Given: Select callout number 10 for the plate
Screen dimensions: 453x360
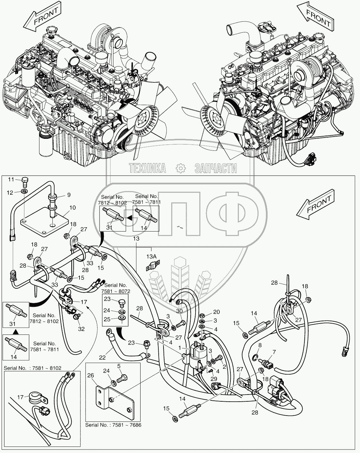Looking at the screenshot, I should (73, 208).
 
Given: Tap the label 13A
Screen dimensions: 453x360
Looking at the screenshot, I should (152, 256).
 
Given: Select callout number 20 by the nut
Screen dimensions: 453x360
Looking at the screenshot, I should (217, 312).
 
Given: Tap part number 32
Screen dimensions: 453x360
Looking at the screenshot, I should (81, 329).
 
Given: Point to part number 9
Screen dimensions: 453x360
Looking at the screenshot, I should (69, 195).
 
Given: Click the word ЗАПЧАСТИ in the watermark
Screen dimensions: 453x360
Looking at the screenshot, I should (216, 168).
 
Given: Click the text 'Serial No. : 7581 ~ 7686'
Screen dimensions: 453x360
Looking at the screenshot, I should (113, 425).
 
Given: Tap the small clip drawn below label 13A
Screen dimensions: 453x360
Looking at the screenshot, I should (152, 268).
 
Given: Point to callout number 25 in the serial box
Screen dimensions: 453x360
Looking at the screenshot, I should (107, 319).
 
